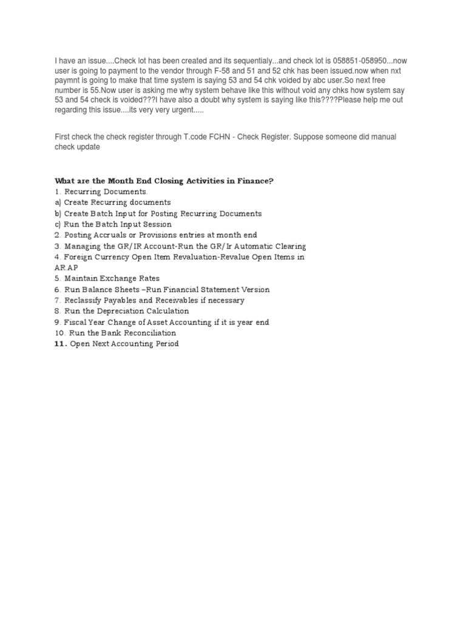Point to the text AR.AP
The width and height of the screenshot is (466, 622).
point(66,268)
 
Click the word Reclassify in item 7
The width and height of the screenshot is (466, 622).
point(86,301)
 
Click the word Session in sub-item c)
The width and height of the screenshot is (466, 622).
point(156,225)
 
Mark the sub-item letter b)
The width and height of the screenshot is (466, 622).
point(58,214)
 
